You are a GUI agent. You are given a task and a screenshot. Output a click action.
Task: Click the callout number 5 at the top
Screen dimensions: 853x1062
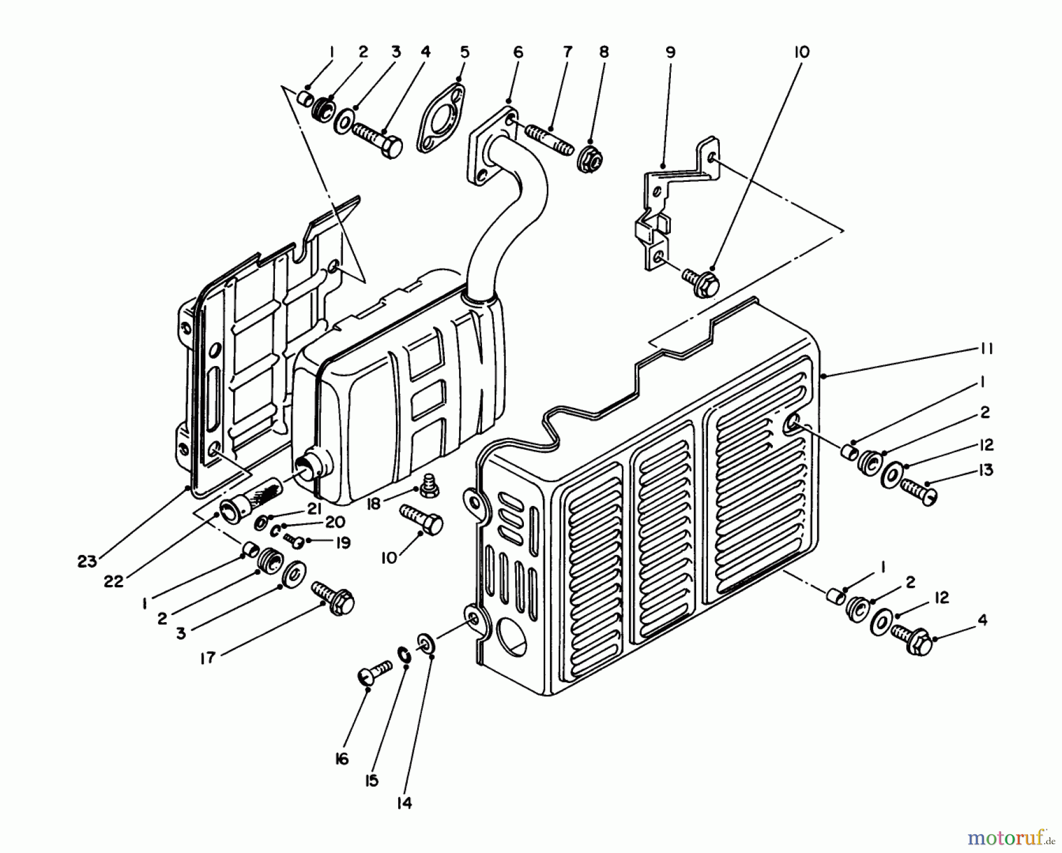point(464,52)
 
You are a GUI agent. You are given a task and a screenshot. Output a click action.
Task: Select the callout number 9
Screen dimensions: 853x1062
point(670,52)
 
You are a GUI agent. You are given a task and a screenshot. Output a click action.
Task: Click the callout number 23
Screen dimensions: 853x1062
point(87,561)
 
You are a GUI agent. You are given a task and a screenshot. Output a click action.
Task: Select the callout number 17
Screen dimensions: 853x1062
point(207,658)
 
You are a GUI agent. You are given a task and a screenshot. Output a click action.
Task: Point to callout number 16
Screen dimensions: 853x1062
point(342,759)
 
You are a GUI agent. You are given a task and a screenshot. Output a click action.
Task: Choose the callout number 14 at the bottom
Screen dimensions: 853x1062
point(404,803)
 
